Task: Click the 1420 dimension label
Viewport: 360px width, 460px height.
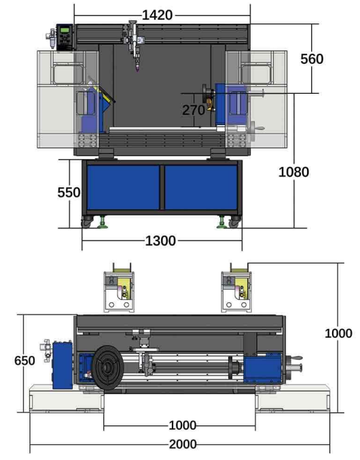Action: coord(157,15)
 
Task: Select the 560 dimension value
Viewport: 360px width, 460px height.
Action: coord(312,59)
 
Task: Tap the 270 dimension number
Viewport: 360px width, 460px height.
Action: coord(194,110)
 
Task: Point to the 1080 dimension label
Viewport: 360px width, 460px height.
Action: coord(293,172)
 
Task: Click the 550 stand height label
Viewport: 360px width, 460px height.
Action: coord(69,192)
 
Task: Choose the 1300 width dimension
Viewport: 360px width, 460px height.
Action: coord(160,241)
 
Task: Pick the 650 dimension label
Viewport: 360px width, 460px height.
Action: coord(24,361)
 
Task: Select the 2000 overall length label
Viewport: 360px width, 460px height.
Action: coord(183,444)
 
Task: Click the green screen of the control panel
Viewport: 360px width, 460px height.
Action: coord(65,30)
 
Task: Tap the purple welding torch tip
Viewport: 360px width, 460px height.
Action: coord(137,69)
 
